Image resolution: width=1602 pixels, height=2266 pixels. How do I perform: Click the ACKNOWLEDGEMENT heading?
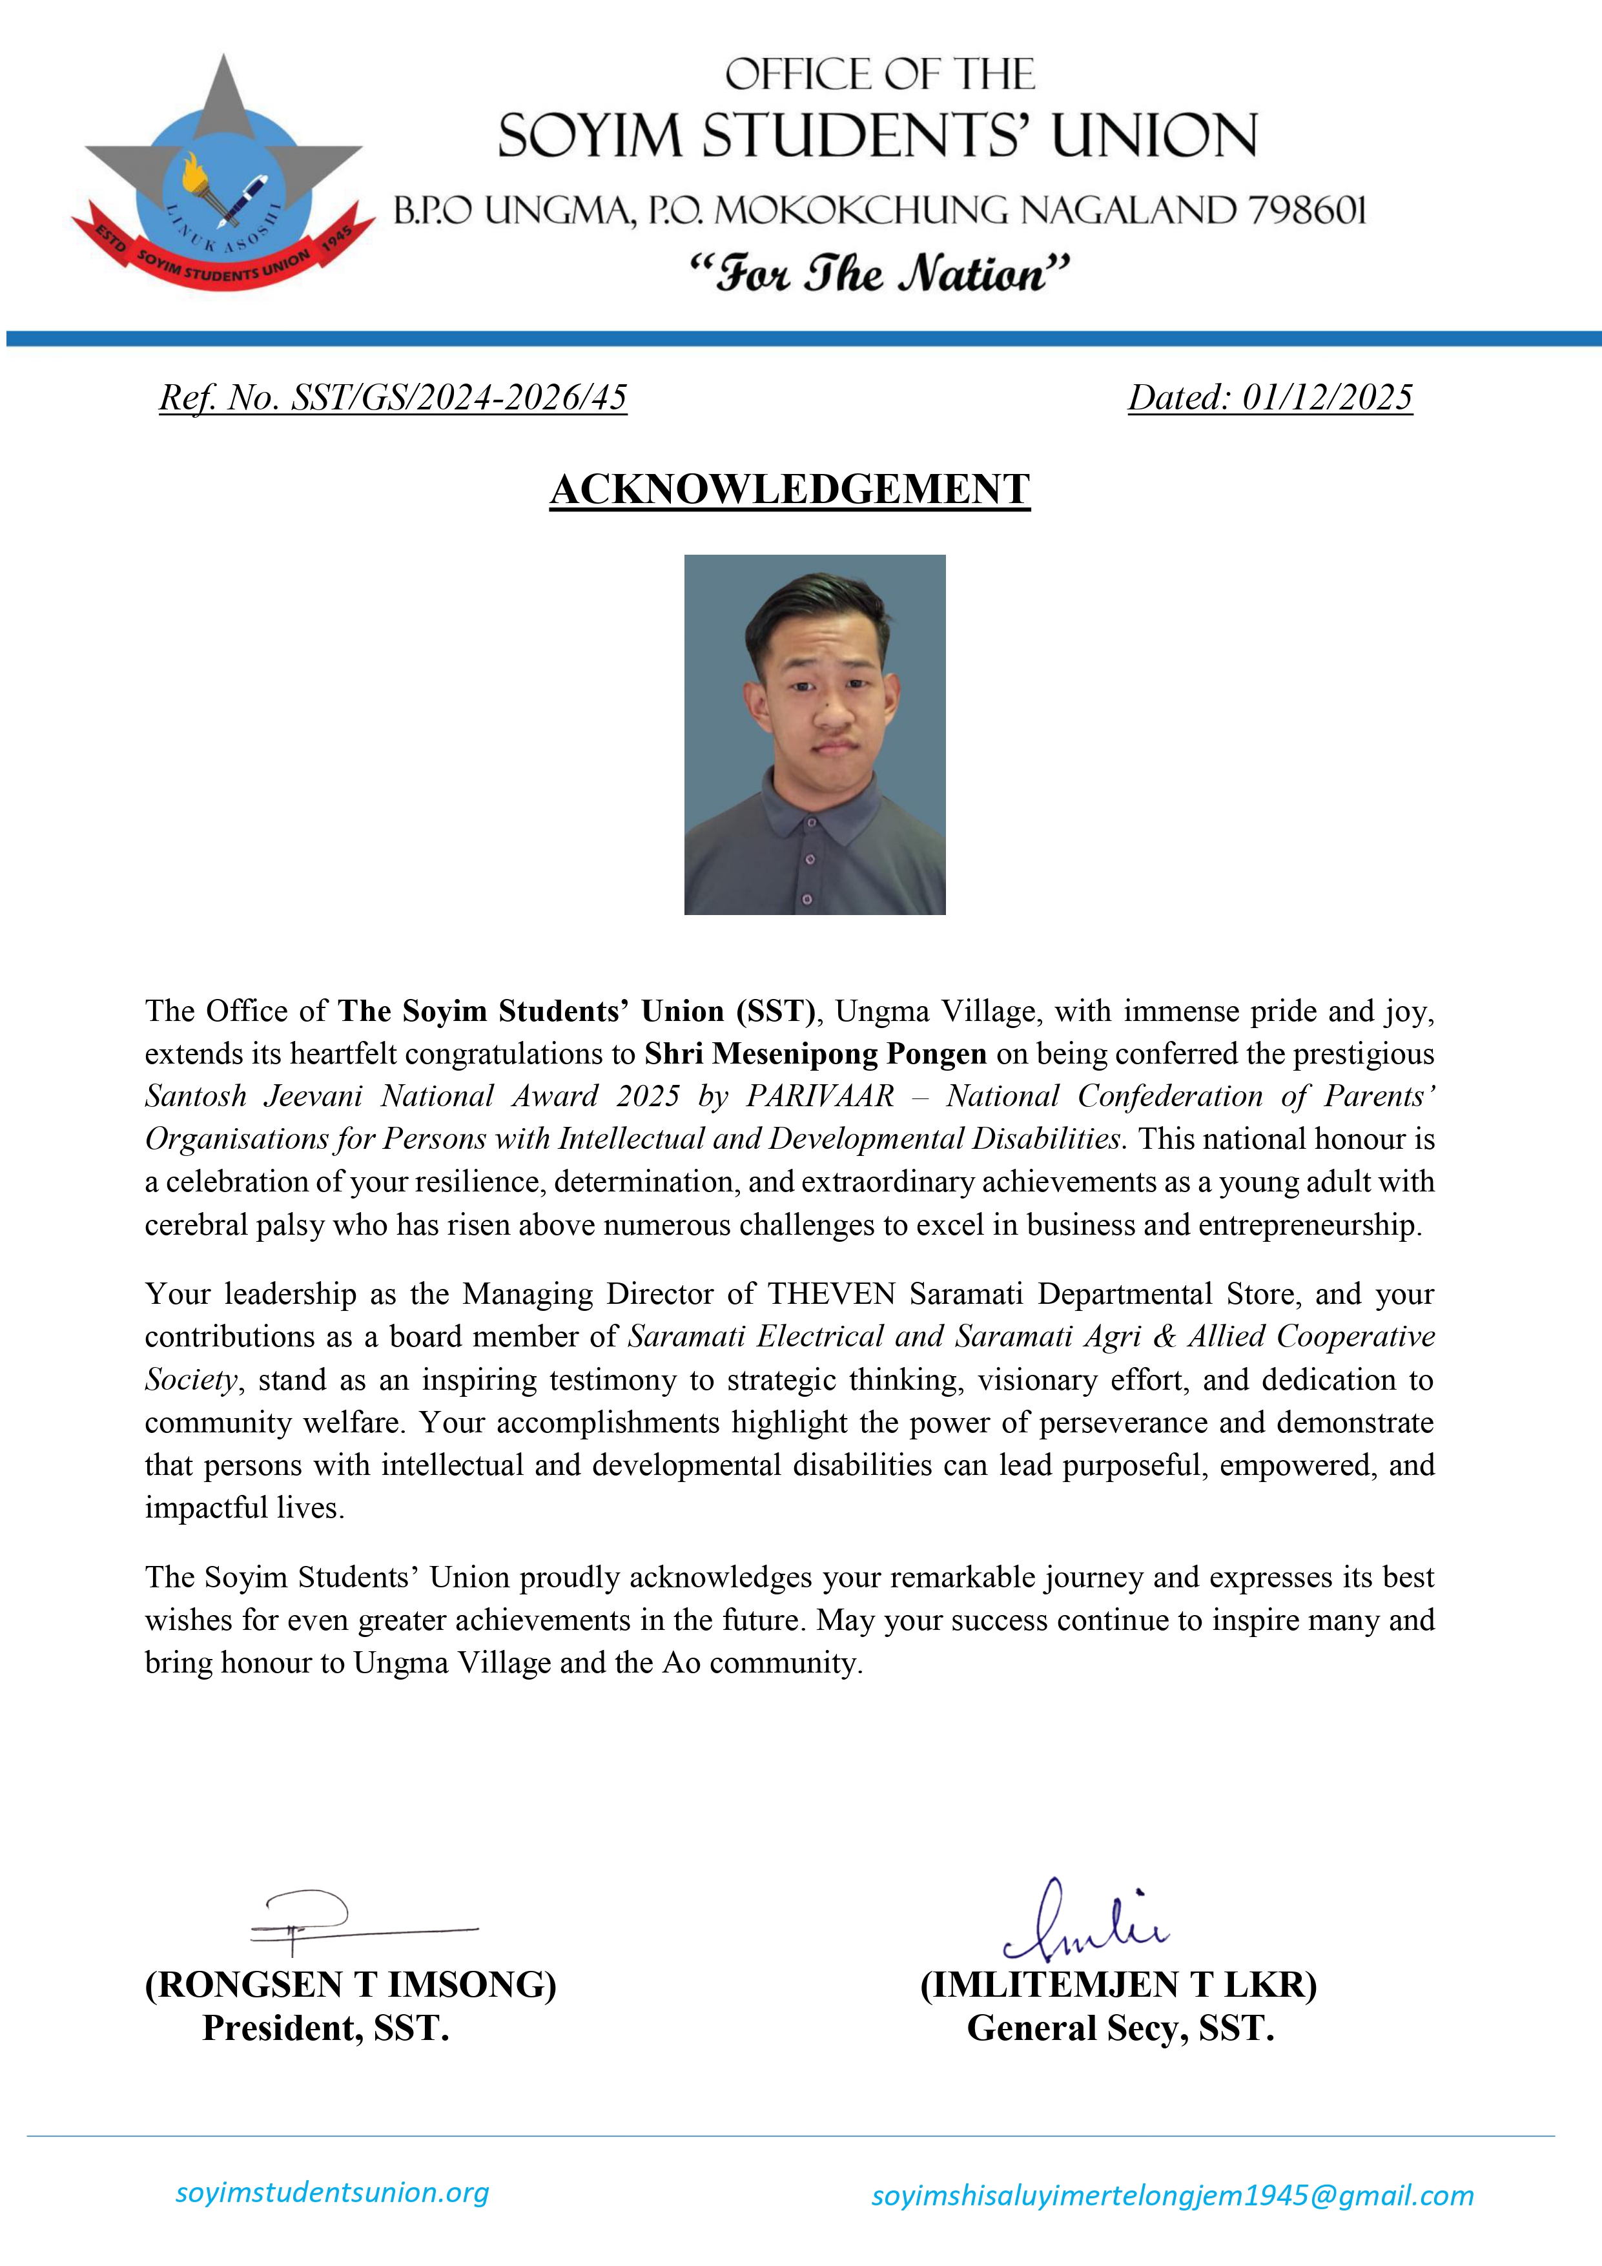tap(790, 489)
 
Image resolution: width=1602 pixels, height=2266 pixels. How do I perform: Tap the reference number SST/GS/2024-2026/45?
tap(459, 398)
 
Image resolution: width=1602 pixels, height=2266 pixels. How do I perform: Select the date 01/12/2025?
tap(1327, 398)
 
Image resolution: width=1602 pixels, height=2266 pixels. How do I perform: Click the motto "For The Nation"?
tap(878, 273)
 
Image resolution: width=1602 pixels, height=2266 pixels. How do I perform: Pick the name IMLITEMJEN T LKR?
tap(1118, 1984)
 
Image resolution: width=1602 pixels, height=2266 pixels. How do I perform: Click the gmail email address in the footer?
tap(1172, 2195)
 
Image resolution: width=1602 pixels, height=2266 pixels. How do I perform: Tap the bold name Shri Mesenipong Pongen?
tap(816, 1053)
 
